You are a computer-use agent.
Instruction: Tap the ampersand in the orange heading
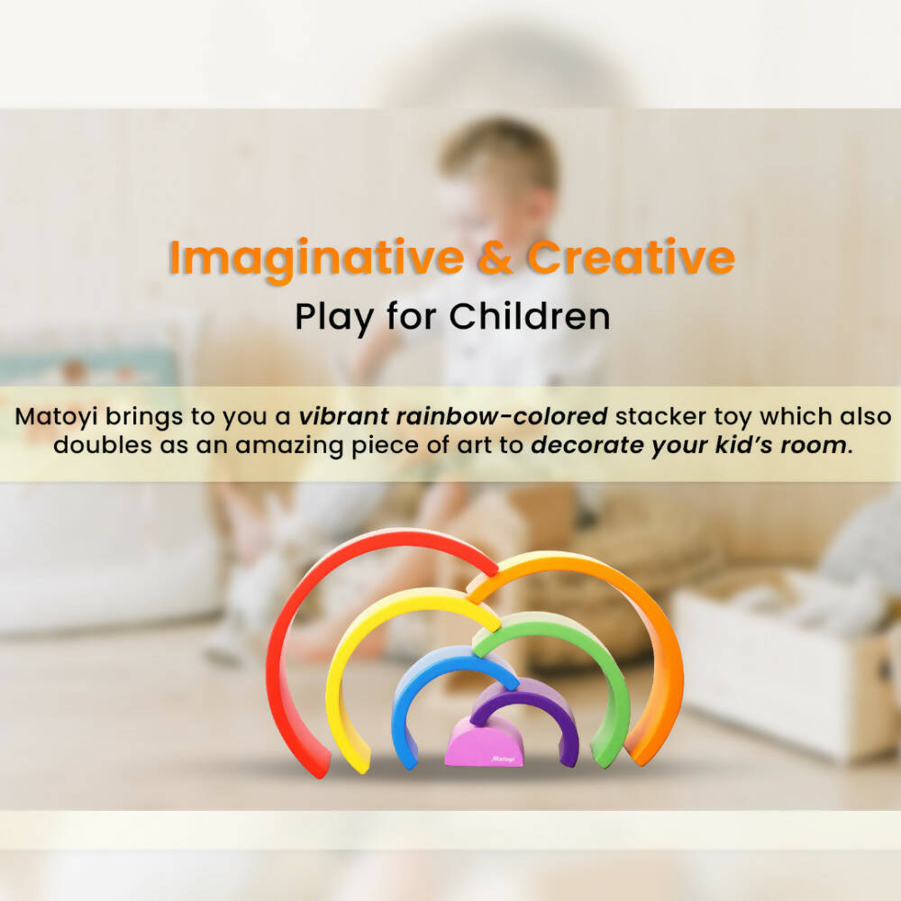487,259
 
